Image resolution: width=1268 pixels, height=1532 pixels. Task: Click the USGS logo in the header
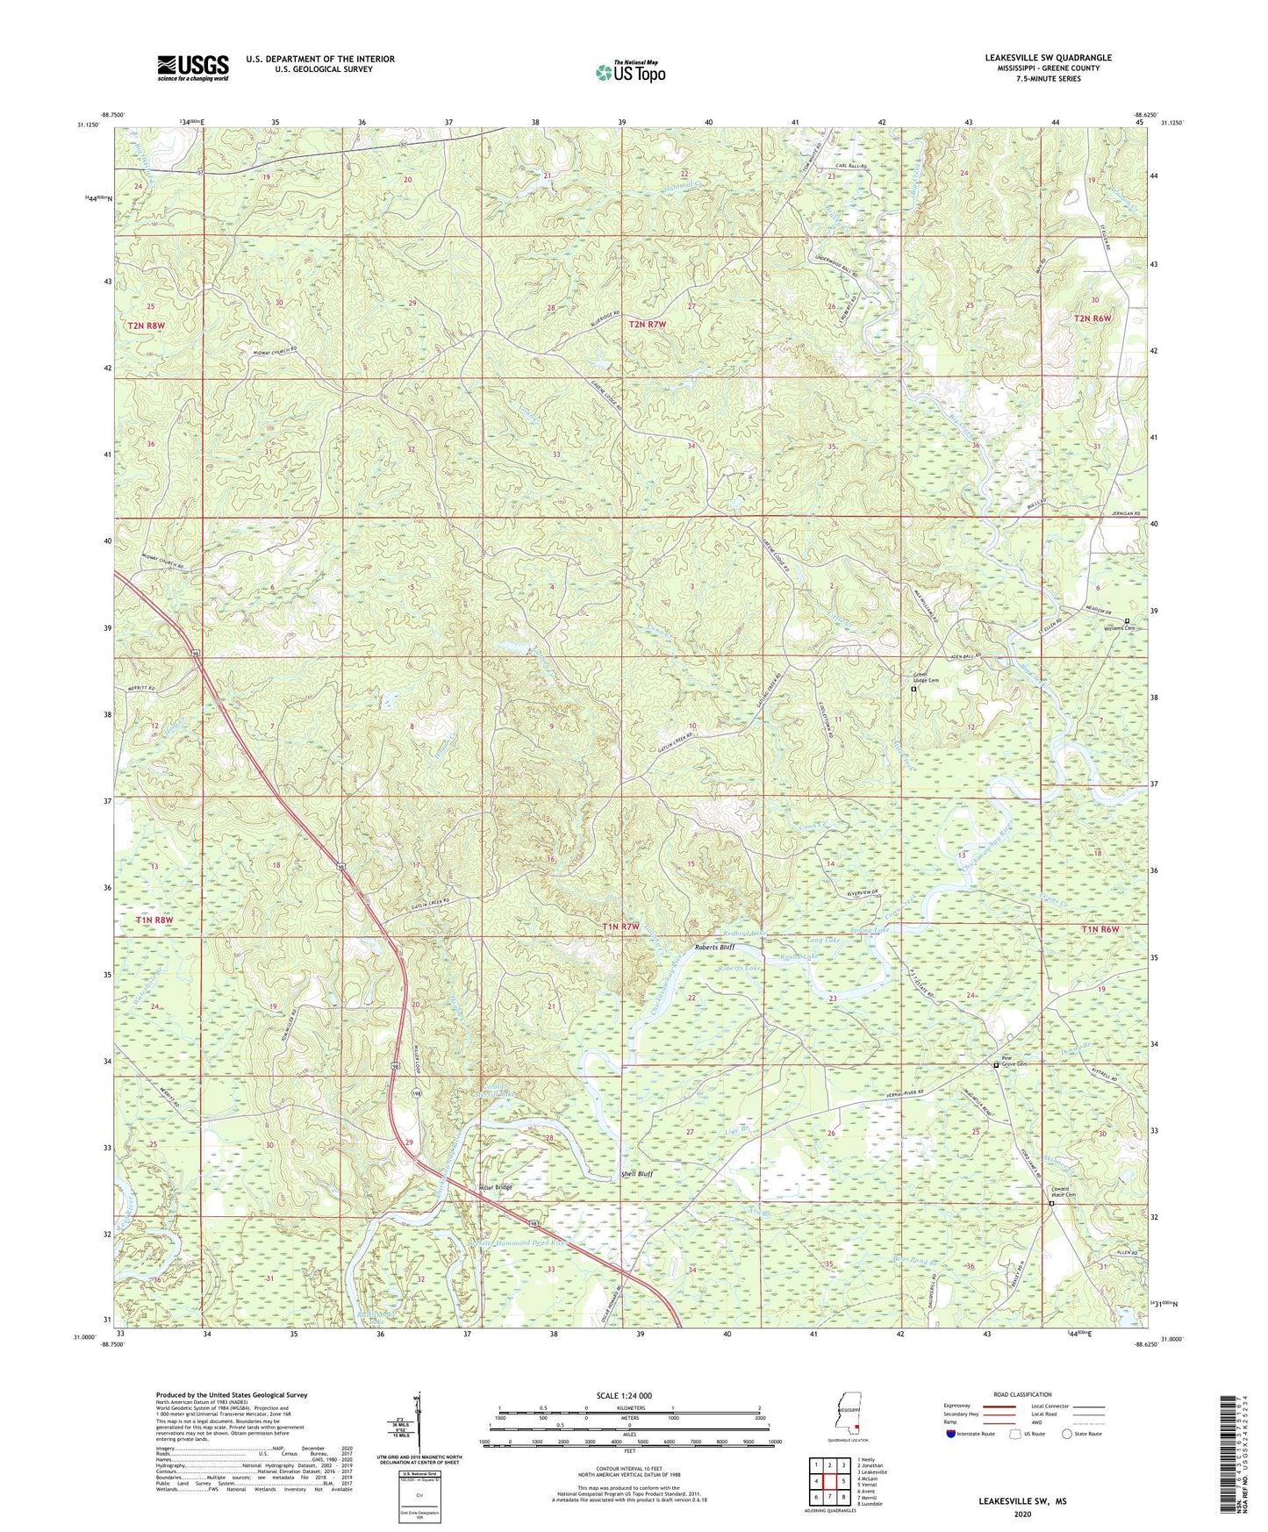(193, 68)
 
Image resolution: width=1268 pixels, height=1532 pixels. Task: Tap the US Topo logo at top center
(629, 72)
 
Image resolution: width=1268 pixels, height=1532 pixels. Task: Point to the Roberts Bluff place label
(714, 948)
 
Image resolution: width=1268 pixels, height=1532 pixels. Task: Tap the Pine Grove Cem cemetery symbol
(996, 1065)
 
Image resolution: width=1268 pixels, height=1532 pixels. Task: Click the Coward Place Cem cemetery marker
(1052, 1204)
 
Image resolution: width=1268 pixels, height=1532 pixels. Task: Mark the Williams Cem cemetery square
(1128, 620)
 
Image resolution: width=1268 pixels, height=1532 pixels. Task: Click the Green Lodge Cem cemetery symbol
(913, 690)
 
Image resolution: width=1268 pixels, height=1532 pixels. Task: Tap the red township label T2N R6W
(1092, 318)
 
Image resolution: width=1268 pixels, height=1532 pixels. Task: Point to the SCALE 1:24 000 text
(623, 1395)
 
